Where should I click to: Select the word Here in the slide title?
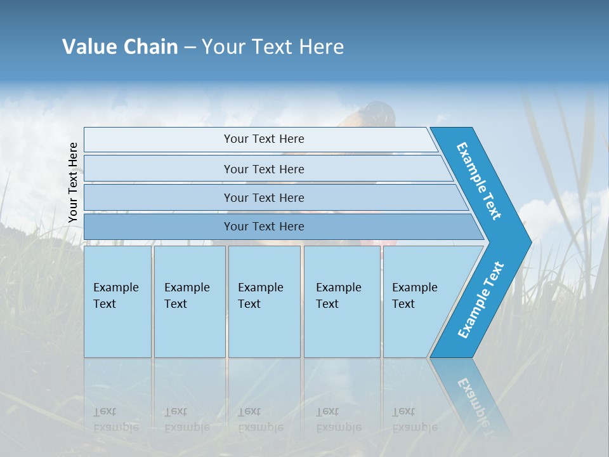[x=321, y=47]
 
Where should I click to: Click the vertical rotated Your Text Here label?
[x=73, y=182]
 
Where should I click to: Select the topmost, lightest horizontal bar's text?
[x=264, y=139]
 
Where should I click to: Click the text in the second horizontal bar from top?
[x=264, y=169]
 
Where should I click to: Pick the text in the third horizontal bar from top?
[x=264, y=197]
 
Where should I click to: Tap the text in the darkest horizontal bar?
[x=264, y=227]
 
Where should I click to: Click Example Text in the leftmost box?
[x=115, y=296]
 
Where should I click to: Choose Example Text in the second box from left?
[x=187, y=296]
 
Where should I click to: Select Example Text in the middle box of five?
[x=260, y=296]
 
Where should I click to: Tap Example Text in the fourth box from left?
[x=338, y=296]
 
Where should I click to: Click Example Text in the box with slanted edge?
[x=414, y=296]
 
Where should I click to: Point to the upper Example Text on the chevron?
[x=479, y=181]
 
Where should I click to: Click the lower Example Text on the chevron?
[x=481, y=300]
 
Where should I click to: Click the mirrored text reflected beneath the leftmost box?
[x=115, y=420]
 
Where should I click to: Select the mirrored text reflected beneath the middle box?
[x=260, y=420]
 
